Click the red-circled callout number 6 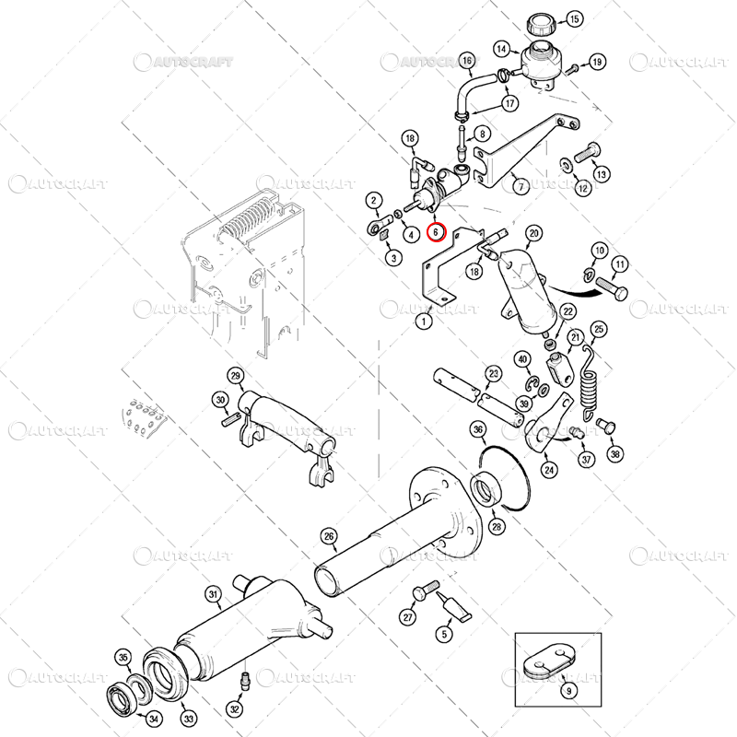tap(436, 232)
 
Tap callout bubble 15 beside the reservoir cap tap(574, 19)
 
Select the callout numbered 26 tap(329, 537)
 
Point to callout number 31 tap(214, 594)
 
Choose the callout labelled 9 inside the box tap(569, 690)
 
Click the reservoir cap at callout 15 tap(541, 25)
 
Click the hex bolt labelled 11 tap(612, 288)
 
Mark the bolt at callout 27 tap(426, 591)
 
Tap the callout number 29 tap(236, 376)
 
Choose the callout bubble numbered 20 tap(533, 234)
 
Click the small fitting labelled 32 tap(245, 682)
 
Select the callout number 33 tap(189, 719)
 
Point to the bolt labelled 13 tap(587, 152)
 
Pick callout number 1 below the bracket tap(424, 322)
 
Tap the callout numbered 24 tap(549, 470)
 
